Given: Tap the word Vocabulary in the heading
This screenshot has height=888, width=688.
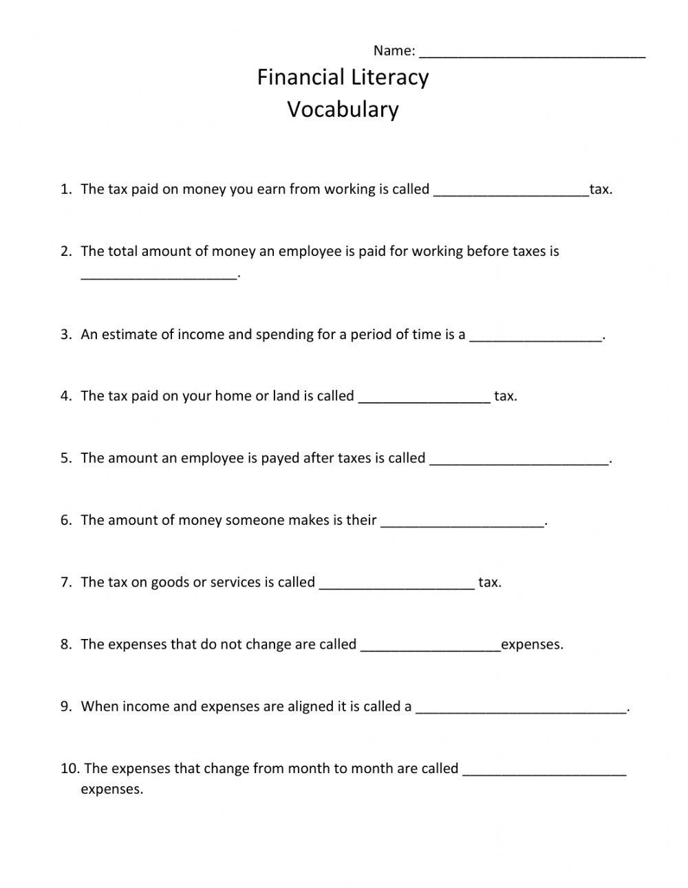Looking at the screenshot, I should pyautogui.click(x=343, y=109).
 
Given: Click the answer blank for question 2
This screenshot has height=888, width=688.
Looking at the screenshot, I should pyautogui.click(x=158, y=274).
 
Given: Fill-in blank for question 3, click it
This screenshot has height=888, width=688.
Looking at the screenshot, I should pyautogui.click(x=535, y=336).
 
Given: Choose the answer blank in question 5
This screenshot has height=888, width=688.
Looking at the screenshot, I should pyautogui.click(x=519, y=460).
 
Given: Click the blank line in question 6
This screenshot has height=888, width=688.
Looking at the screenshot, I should pyautogui.click(x=462, y=522).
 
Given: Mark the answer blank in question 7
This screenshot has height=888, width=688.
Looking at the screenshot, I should pyautogui.click(x=397, y=584).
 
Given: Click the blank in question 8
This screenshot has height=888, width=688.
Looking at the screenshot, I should pyautogui.click(x=431, y=646).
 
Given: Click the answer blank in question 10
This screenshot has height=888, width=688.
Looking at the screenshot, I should pyautogui.click(x=544, y=770).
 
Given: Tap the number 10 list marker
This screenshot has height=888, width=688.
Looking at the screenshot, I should pyautogui.click(x=69, y=768).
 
